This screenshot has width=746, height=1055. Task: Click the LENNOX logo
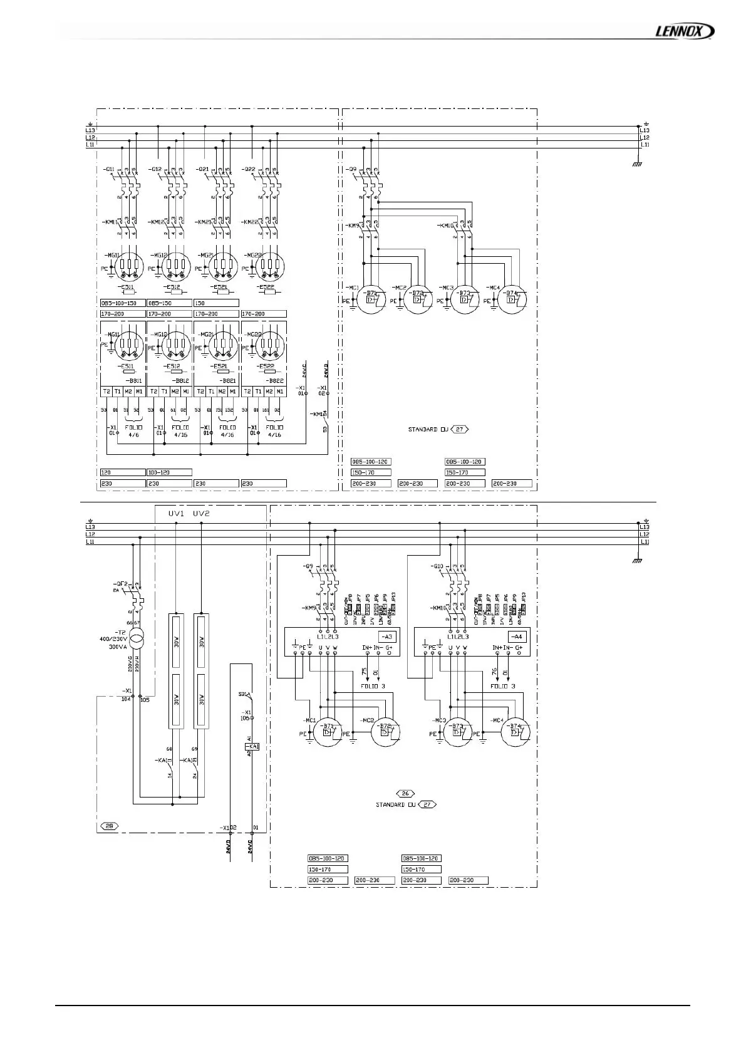click(684, 31)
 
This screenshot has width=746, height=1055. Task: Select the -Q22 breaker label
click(249, 170)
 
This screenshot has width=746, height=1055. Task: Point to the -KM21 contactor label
click(204, 222)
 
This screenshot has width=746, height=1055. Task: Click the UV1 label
click(176, 514)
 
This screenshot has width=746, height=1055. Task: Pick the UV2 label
click(201, 514)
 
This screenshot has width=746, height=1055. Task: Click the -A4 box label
click(517, 637)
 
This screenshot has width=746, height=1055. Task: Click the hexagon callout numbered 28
click(109, 826)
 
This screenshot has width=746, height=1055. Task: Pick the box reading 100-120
click(160, 472)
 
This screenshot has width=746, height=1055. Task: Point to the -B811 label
click(133, 380)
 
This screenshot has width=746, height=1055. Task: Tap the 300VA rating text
click(118, 647)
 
